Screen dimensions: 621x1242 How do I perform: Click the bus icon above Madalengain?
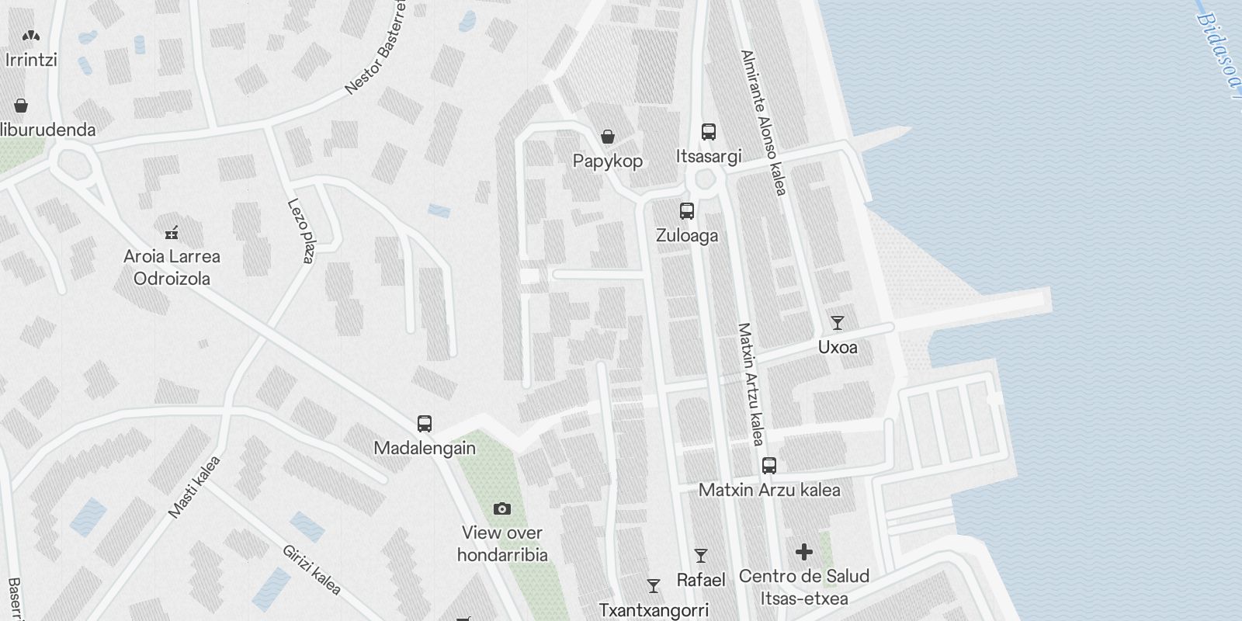tap(424, 424)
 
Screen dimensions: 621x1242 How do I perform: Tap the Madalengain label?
tap(425, 449)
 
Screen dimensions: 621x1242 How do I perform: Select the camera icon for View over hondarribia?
tap(502, 509)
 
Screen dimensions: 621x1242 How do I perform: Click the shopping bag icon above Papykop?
tap(608, 137)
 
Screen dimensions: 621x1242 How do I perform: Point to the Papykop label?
tap(608, 161)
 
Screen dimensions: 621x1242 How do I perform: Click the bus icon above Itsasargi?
tap(708, 132)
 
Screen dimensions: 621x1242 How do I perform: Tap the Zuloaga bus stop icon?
tap(686, 211)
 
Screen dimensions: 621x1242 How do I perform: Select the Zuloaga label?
tap(687, 235)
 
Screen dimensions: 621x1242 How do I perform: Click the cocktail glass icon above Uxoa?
tap(837, 323)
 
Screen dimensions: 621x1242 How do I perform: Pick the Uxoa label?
tap(838, 347)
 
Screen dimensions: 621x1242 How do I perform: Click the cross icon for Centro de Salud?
tap(803, 552)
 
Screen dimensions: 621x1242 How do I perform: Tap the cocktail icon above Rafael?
tap(700, 556)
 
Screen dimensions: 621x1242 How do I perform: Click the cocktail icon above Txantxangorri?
tap(654, 586)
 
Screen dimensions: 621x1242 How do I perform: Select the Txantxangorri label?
tap(654, 611)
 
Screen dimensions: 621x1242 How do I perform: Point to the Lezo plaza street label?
tap(300, 231)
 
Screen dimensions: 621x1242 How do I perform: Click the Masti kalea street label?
tap(194, 487)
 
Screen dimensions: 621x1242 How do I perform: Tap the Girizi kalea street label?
tap(311, 570)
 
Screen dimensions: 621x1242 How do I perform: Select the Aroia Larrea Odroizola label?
tap(172, 267)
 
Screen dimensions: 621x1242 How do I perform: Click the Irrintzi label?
tap(31, 60)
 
